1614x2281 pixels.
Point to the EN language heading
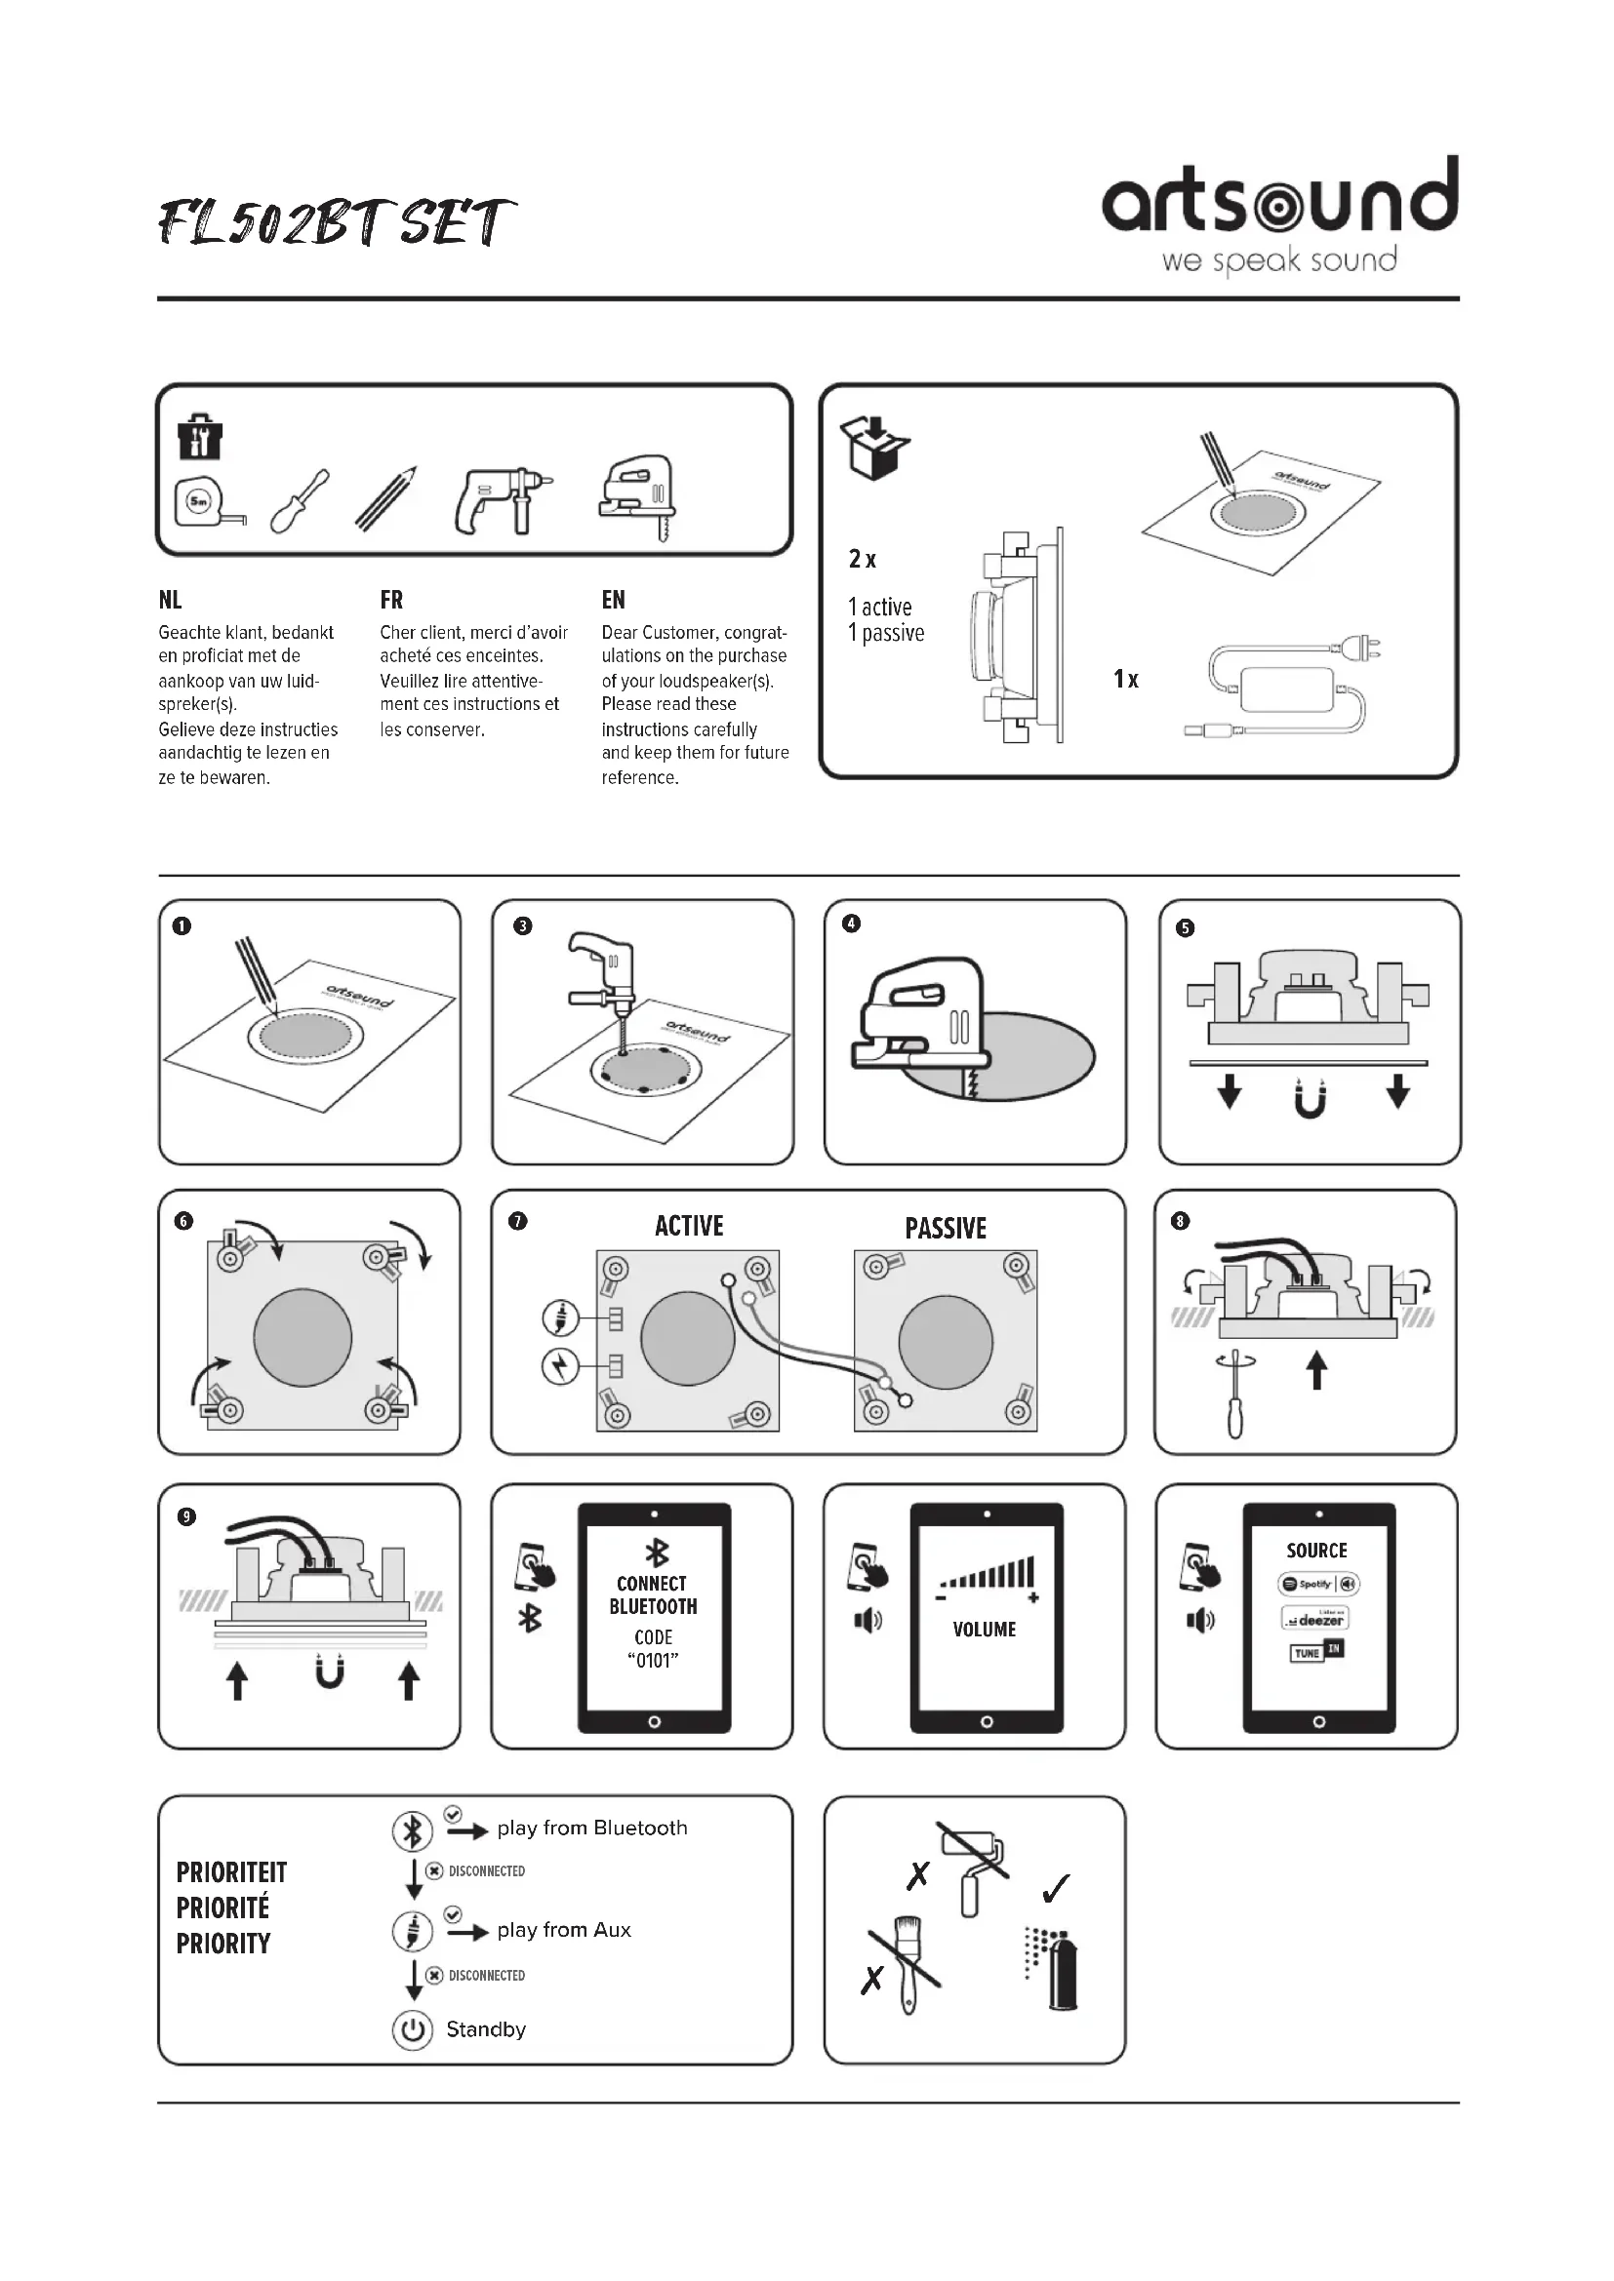tap(613, 600)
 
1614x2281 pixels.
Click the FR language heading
tap(391, 600)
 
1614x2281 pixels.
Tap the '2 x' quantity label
tap(862, 560)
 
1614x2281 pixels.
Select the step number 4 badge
tap(851, 924)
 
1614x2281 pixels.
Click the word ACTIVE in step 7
tap(689, 1226)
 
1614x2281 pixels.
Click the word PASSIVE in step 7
tap(946, 1229)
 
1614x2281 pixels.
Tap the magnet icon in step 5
tap(1311, 1099)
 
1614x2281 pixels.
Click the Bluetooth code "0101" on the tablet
tap(653, 1660)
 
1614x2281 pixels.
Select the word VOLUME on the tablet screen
tap(984, 1630)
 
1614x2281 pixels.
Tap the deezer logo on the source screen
tap(1314, 1619)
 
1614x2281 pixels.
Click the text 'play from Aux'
tap(563, 1929)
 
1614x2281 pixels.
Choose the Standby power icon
tap(413, 2029)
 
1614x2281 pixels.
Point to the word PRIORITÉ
tap(222, 1907)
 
